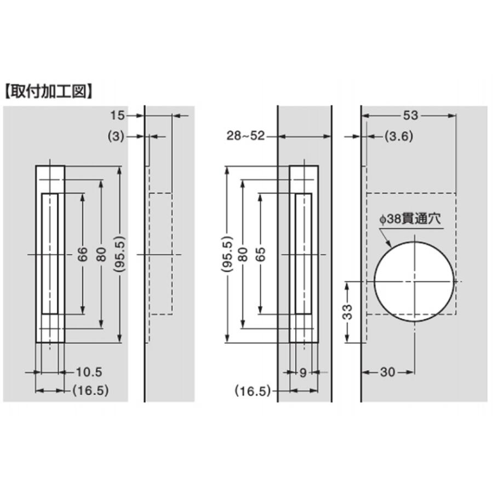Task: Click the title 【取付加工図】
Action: click(x=49, y=91)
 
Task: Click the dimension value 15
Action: click(x=117, y=116)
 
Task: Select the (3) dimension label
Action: click(x=116, y=137)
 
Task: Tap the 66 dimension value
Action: click(x=82, y=254)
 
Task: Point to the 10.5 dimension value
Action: click(x=89, y=372)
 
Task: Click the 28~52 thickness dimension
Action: click(x=246, y=136)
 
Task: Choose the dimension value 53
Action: click(x=411, y=116)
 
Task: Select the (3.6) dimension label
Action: click(x=399, y=136)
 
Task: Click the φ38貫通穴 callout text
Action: click(x=410, y=219)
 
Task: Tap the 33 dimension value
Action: click(x=347, y=312)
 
